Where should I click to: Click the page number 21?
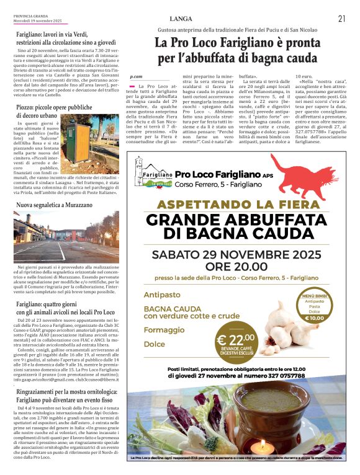[342, 18]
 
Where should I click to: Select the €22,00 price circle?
[235, 342]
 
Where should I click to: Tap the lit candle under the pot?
[264, 445]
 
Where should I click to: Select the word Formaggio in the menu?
[160, 331]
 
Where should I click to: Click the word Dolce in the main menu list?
[155, 344]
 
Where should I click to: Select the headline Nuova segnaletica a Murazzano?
[59, 204]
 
